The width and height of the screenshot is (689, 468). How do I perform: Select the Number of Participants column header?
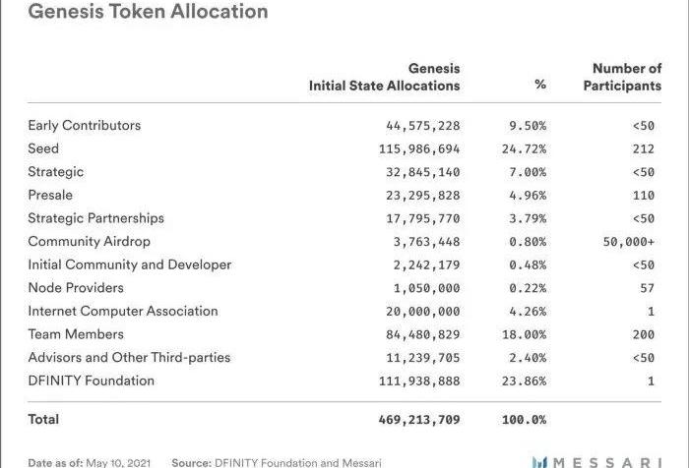[x=622, y=77]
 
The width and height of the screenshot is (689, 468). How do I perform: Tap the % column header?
[x=540, y=86]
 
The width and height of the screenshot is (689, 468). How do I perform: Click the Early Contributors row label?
[x=84, y=125]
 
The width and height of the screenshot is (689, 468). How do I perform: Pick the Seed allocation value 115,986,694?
[x=419, y=148]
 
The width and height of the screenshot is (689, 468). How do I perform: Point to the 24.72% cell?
[x=527, y=148]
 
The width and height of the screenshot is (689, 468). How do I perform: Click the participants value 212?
[x=644, y=148]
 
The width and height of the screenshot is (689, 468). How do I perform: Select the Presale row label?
[x=50, y=195]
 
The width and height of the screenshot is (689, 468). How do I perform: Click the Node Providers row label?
[x=76, y=288]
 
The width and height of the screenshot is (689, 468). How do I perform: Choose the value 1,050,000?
[x=427, y=288]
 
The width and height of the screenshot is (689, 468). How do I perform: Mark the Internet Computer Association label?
[x=123, y=311]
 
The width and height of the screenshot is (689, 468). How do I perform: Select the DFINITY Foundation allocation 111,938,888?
[x=419, y=380]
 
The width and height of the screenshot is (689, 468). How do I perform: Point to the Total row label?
[x=43, y=419]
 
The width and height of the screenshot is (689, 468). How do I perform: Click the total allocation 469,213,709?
[x=419, y=419]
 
